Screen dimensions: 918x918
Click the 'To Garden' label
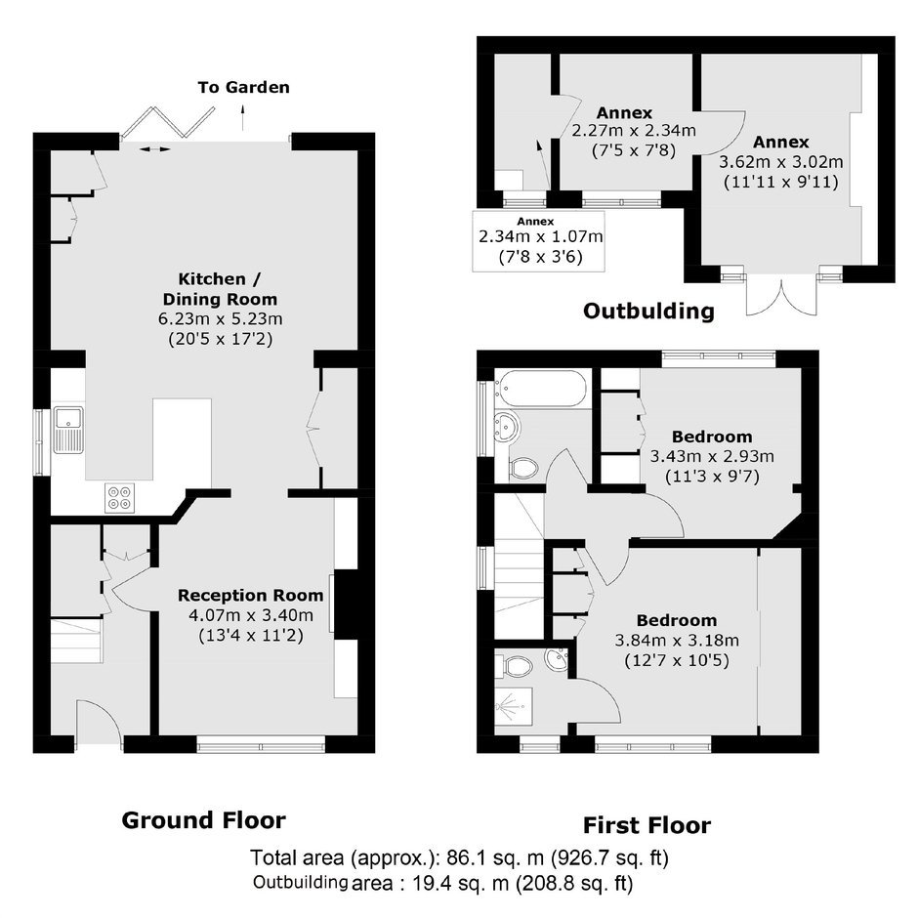(x=243, y=87)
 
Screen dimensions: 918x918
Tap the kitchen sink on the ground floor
(x=69, y=431)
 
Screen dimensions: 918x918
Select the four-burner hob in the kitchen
(x=120, y=498)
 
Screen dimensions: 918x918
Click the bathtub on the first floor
(x=540, y=388)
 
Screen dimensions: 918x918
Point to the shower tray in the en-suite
(x=514, y=707)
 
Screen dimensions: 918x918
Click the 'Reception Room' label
(x=251, y=596)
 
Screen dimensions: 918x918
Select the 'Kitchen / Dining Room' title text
(x=220, y=289)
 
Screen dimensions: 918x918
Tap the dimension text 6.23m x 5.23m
(x=220, y=319)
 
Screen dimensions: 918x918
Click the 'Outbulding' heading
(x=648, y=311)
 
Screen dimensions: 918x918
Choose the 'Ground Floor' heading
(x=204, y=820)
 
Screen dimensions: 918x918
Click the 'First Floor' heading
(x=647, y=825)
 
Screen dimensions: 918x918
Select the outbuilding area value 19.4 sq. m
(x=460, y=883)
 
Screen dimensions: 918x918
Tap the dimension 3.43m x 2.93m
(x=712, y=456)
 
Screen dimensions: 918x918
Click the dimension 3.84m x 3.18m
(x=677, y=640)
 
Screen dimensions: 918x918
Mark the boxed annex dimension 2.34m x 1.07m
(x=540, y=236)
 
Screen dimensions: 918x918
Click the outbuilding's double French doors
(x=781, y=296)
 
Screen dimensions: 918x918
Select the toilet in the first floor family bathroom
(x=523, y=467)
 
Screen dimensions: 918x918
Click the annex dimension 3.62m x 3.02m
(x=781, y=161)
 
